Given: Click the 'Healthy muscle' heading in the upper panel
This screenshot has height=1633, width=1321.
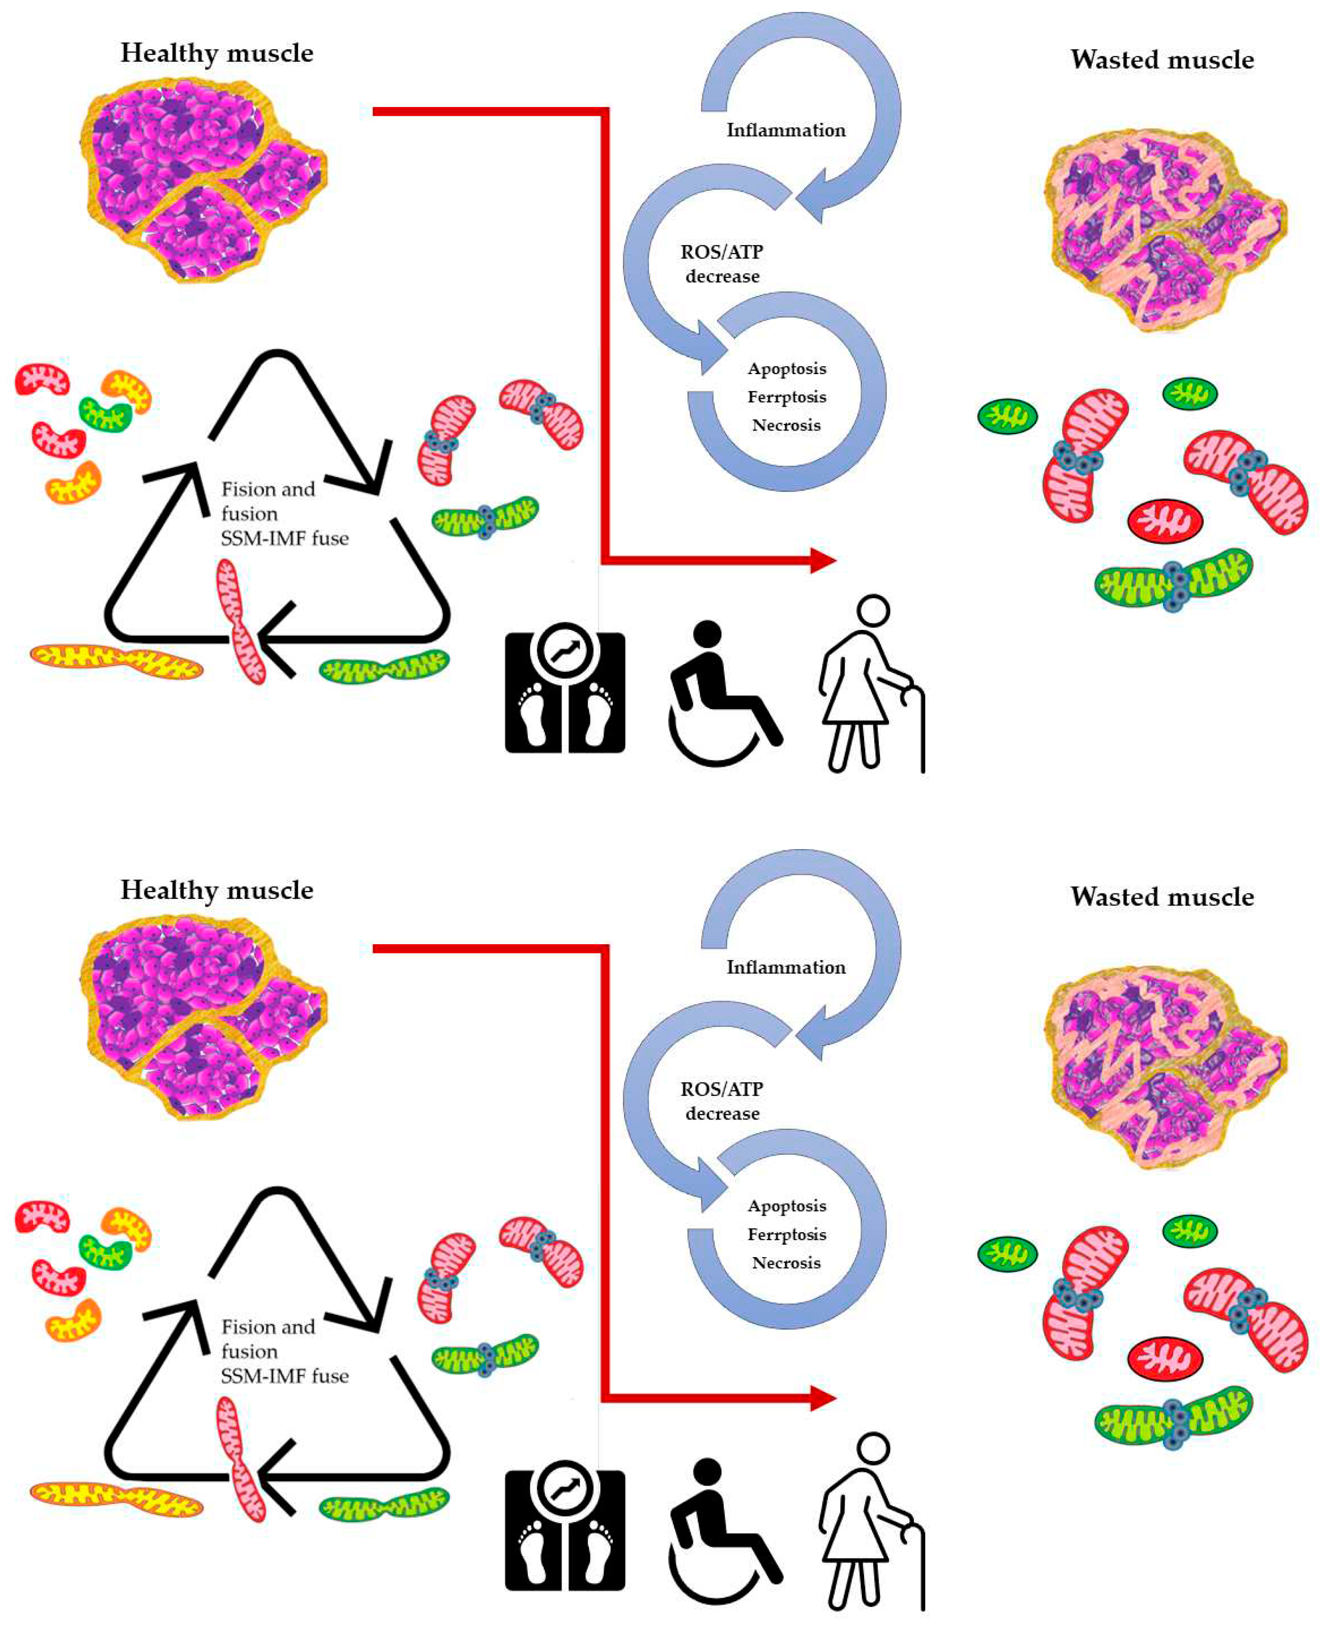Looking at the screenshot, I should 217,53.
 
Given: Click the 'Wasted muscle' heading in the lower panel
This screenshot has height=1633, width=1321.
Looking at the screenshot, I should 1162,897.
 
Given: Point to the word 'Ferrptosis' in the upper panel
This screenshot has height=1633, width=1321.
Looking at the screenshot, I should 787,397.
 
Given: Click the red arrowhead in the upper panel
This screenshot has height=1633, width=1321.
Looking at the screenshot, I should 823,561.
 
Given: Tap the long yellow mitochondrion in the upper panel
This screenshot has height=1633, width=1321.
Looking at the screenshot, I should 116,660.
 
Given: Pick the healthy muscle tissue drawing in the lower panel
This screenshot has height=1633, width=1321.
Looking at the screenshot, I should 202,1016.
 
